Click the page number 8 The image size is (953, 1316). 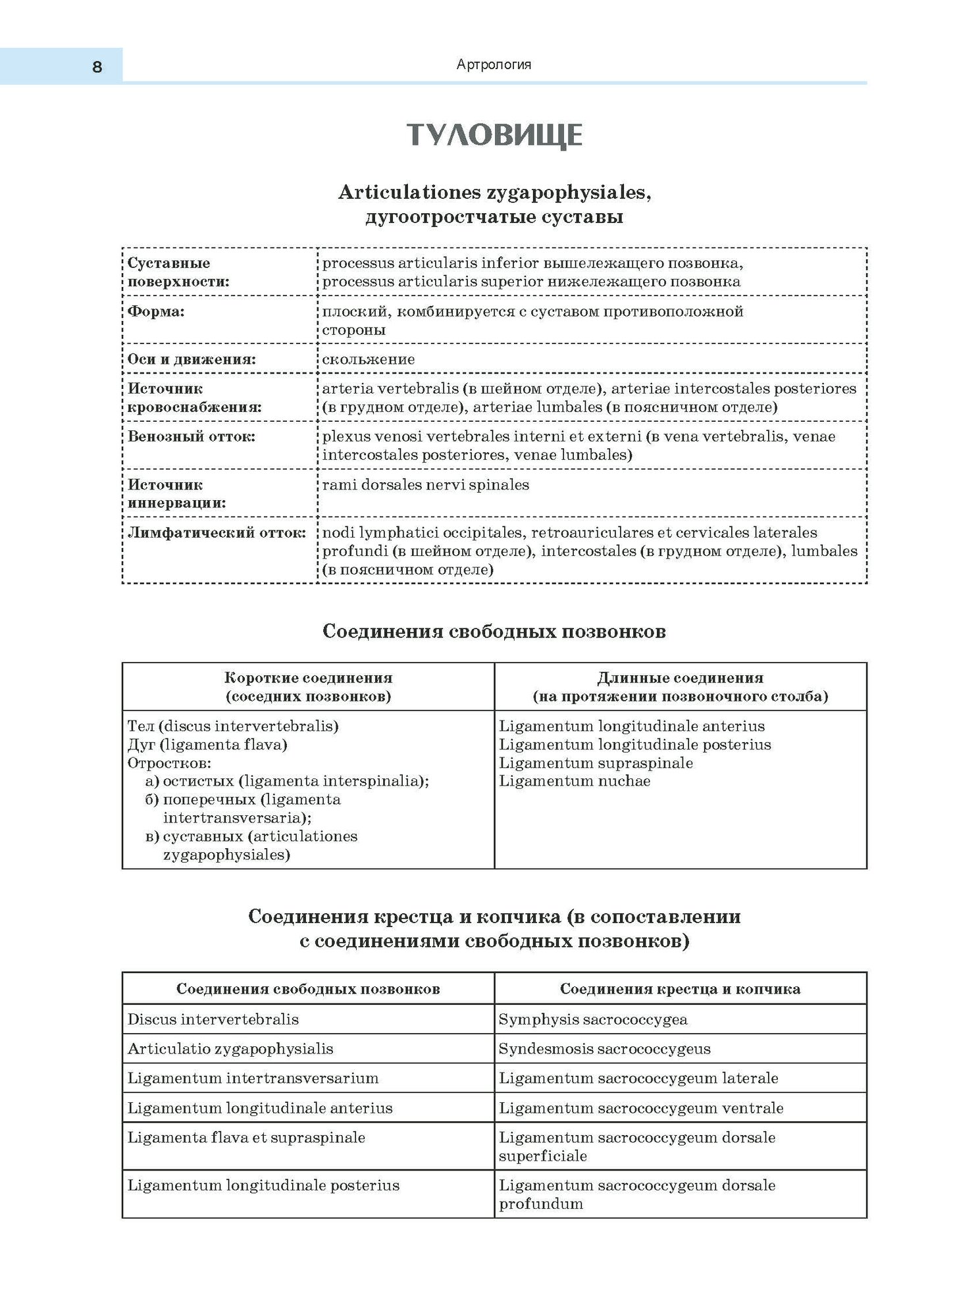point(97,67)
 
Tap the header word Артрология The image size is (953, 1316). point(494,64)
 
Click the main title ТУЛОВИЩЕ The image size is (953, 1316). point(494,135)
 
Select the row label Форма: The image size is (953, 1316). point(156,311)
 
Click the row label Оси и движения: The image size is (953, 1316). point(192,359)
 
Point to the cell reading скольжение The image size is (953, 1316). point(369,359)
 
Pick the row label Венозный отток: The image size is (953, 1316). point(192,436)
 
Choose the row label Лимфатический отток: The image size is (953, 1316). point(217,532)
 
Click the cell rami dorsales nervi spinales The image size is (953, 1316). point(425,485)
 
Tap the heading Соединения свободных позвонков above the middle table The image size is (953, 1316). point(494,631)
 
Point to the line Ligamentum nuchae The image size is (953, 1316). point(575,781)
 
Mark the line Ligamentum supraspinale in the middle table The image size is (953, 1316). point(596,763)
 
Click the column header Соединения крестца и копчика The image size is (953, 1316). point(680,989)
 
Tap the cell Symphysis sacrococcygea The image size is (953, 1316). point(593,1019)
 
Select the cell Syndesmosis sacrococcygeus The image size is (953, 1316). point(604,1049)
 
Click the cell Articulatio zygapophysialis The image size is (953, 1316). point(230,1049)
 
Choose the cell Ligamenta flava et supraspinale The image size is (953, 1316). point(246,1138)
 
